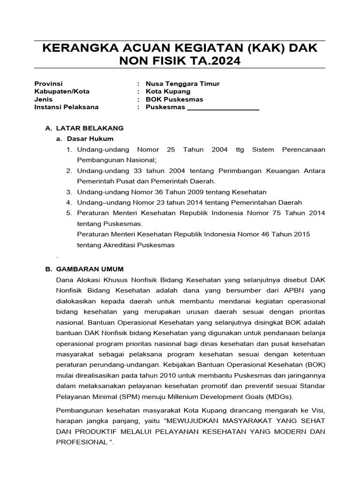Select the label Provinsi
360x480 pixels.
pyautogui.click(x=48, y=83)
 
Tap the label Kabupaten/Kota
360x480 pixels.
pyautogui.click(x=62, y=91)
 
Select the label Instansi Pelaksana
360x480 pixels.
pyautogui.click(x=67, y=107)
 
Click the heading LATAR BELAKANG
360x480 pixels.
pyautogui.click(x=90, y=127)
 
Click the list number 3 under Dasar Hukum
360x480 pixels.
pyautogui.click(x=68, y=192)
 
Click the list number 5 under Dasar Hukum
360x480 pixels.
pyautogui.click(x=68, y=213)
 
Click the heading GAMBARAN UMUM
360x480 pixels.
pyautogui.click(x=90, y=269)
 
